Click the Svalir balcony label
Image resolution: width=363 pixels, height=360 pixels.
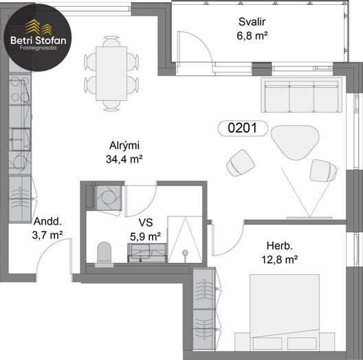tap(252, 22)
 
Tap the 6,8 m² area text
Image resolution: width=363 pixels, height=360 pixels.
tap(252, 36)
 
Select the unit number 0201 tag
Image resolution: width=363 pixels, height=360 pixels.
tap(243, 128)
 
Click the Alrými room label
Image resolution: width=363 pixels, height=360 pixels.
tap(124, 146)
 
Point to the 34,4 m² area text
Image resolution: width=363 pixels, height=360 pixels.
tap(124, 159)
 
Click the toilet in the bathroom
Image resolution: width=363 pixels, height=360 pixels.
tap(104, 254)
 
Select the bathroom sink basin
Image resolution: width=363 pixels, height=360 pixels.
tap(140, 251)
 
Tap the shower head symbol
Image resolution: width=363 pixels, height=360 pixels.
tap(185, 253)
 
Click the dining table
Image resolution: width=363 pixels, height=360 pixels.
tap(111, 74)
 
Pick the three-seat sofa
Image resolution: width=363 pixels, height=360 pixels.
tap(302, 95)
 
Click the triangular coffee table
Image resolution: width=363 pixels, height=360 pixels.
tap(295, 142)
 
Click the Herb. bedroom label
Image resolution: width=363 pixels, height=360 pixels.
tap(279, 246)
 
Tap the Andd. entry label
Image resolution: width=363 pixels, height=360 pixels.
tap(47, 222)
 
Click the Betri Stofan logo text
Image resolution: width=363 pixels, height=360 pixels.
tap(38, 41)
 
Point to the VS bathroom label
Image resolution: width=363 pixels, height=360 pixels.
tap(146, 223)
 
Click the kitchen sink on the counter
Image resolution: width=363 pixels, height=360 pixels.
tap(21, 139)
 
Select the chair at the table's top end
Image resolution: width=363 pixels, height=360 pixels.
tap(111, 41)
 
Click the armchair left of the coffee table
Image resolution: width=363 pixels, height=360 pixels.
tap(241, 163)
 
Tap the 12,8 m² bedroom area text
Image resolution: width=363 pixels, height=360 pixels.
tap(279, 260)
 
